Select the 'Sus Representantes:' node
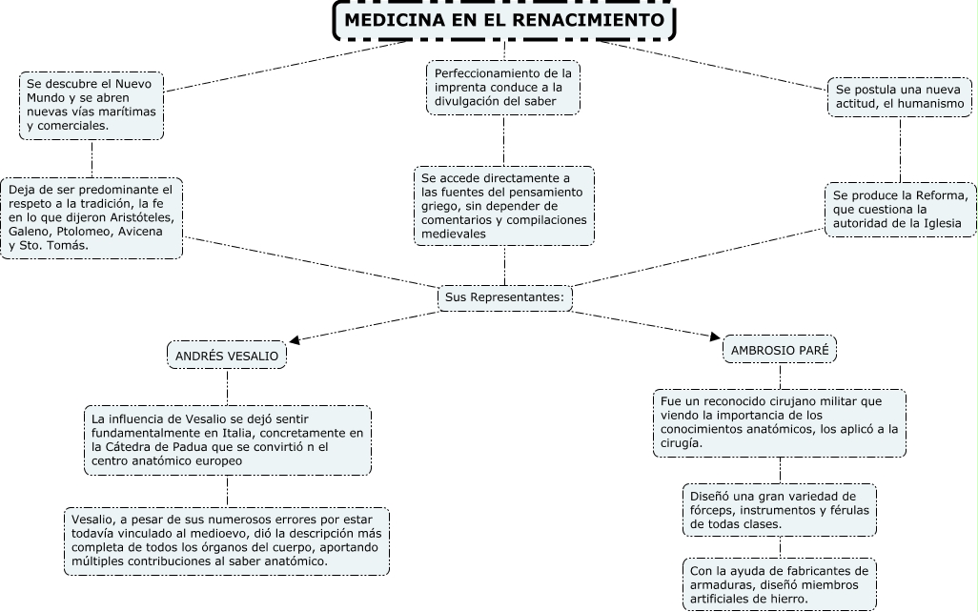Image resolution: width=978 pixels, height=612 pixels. click(x=505, y=297)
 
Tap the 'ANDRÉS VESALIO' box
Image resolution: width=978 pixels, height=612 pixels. click(x=227, y=357)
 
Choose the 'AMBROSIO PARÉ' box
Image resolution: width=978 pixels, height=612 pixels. click(x=779, y=350)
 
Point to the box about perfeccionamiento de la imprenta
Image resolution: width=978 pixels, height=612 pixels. click(x=503, y=88)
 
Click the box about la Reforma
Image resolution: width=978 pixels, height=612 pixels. click(x=900, y=209)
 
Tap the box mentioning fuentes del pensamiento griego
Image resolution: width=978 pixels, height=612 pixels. click(x=503, y=204)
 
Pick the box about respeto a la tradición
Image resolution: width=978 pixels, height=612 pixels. click(x=92, y=217)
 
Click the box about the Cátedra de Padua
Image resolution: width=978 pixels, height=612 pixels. click(x=227, y=440)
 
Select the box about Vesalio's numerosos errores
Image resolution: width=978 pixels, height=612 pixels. click(x=227, y=541)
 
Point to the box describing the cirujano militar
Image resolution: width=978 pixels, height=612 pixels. click(x=779, y=421)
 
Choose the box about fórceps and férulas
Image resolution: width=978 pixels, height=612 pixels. click(x=779, y=510)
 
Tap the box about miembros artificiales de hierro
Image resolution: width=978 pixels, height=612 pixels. click(x=779, y=583)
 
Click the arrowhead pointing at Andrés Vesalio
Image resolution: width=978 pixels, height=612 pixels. click(x=296, y=339)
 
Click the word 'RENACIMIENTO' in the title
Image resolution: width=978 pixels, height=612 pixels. click(x=599, y=20)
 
